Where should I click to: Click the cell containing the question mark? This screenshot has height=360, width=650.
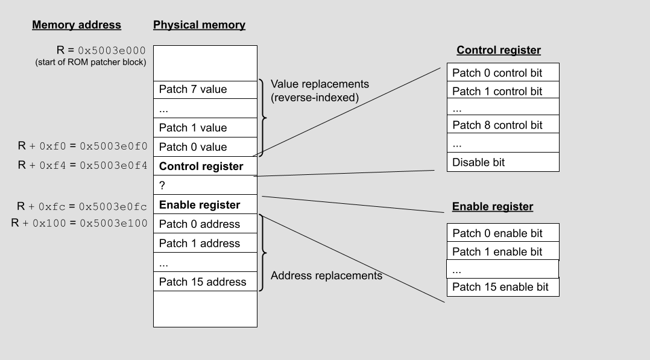pyautogui.click(x=205, y=186)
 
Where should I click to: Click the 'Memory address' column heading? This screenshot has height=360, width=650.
pyautogui.click(x=77, y=25)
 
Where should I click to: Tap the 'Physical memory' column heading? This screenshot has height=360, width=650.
pyautogui.click(x=199, y=25)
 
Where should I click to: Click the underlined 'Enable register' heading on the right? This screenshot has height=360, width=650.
pyautogui.click(x=493, y=207)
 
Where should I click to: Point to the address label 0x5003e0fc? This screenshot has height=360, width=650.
pyautogui.click(x=113, y=206)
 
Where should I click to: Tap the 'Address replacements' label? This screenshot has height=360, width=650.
pyautogui.click(x=326, y=276)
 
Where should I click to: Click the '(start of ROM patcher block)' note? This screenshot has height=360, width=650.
pyautogui.click(x=90, y=62)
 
